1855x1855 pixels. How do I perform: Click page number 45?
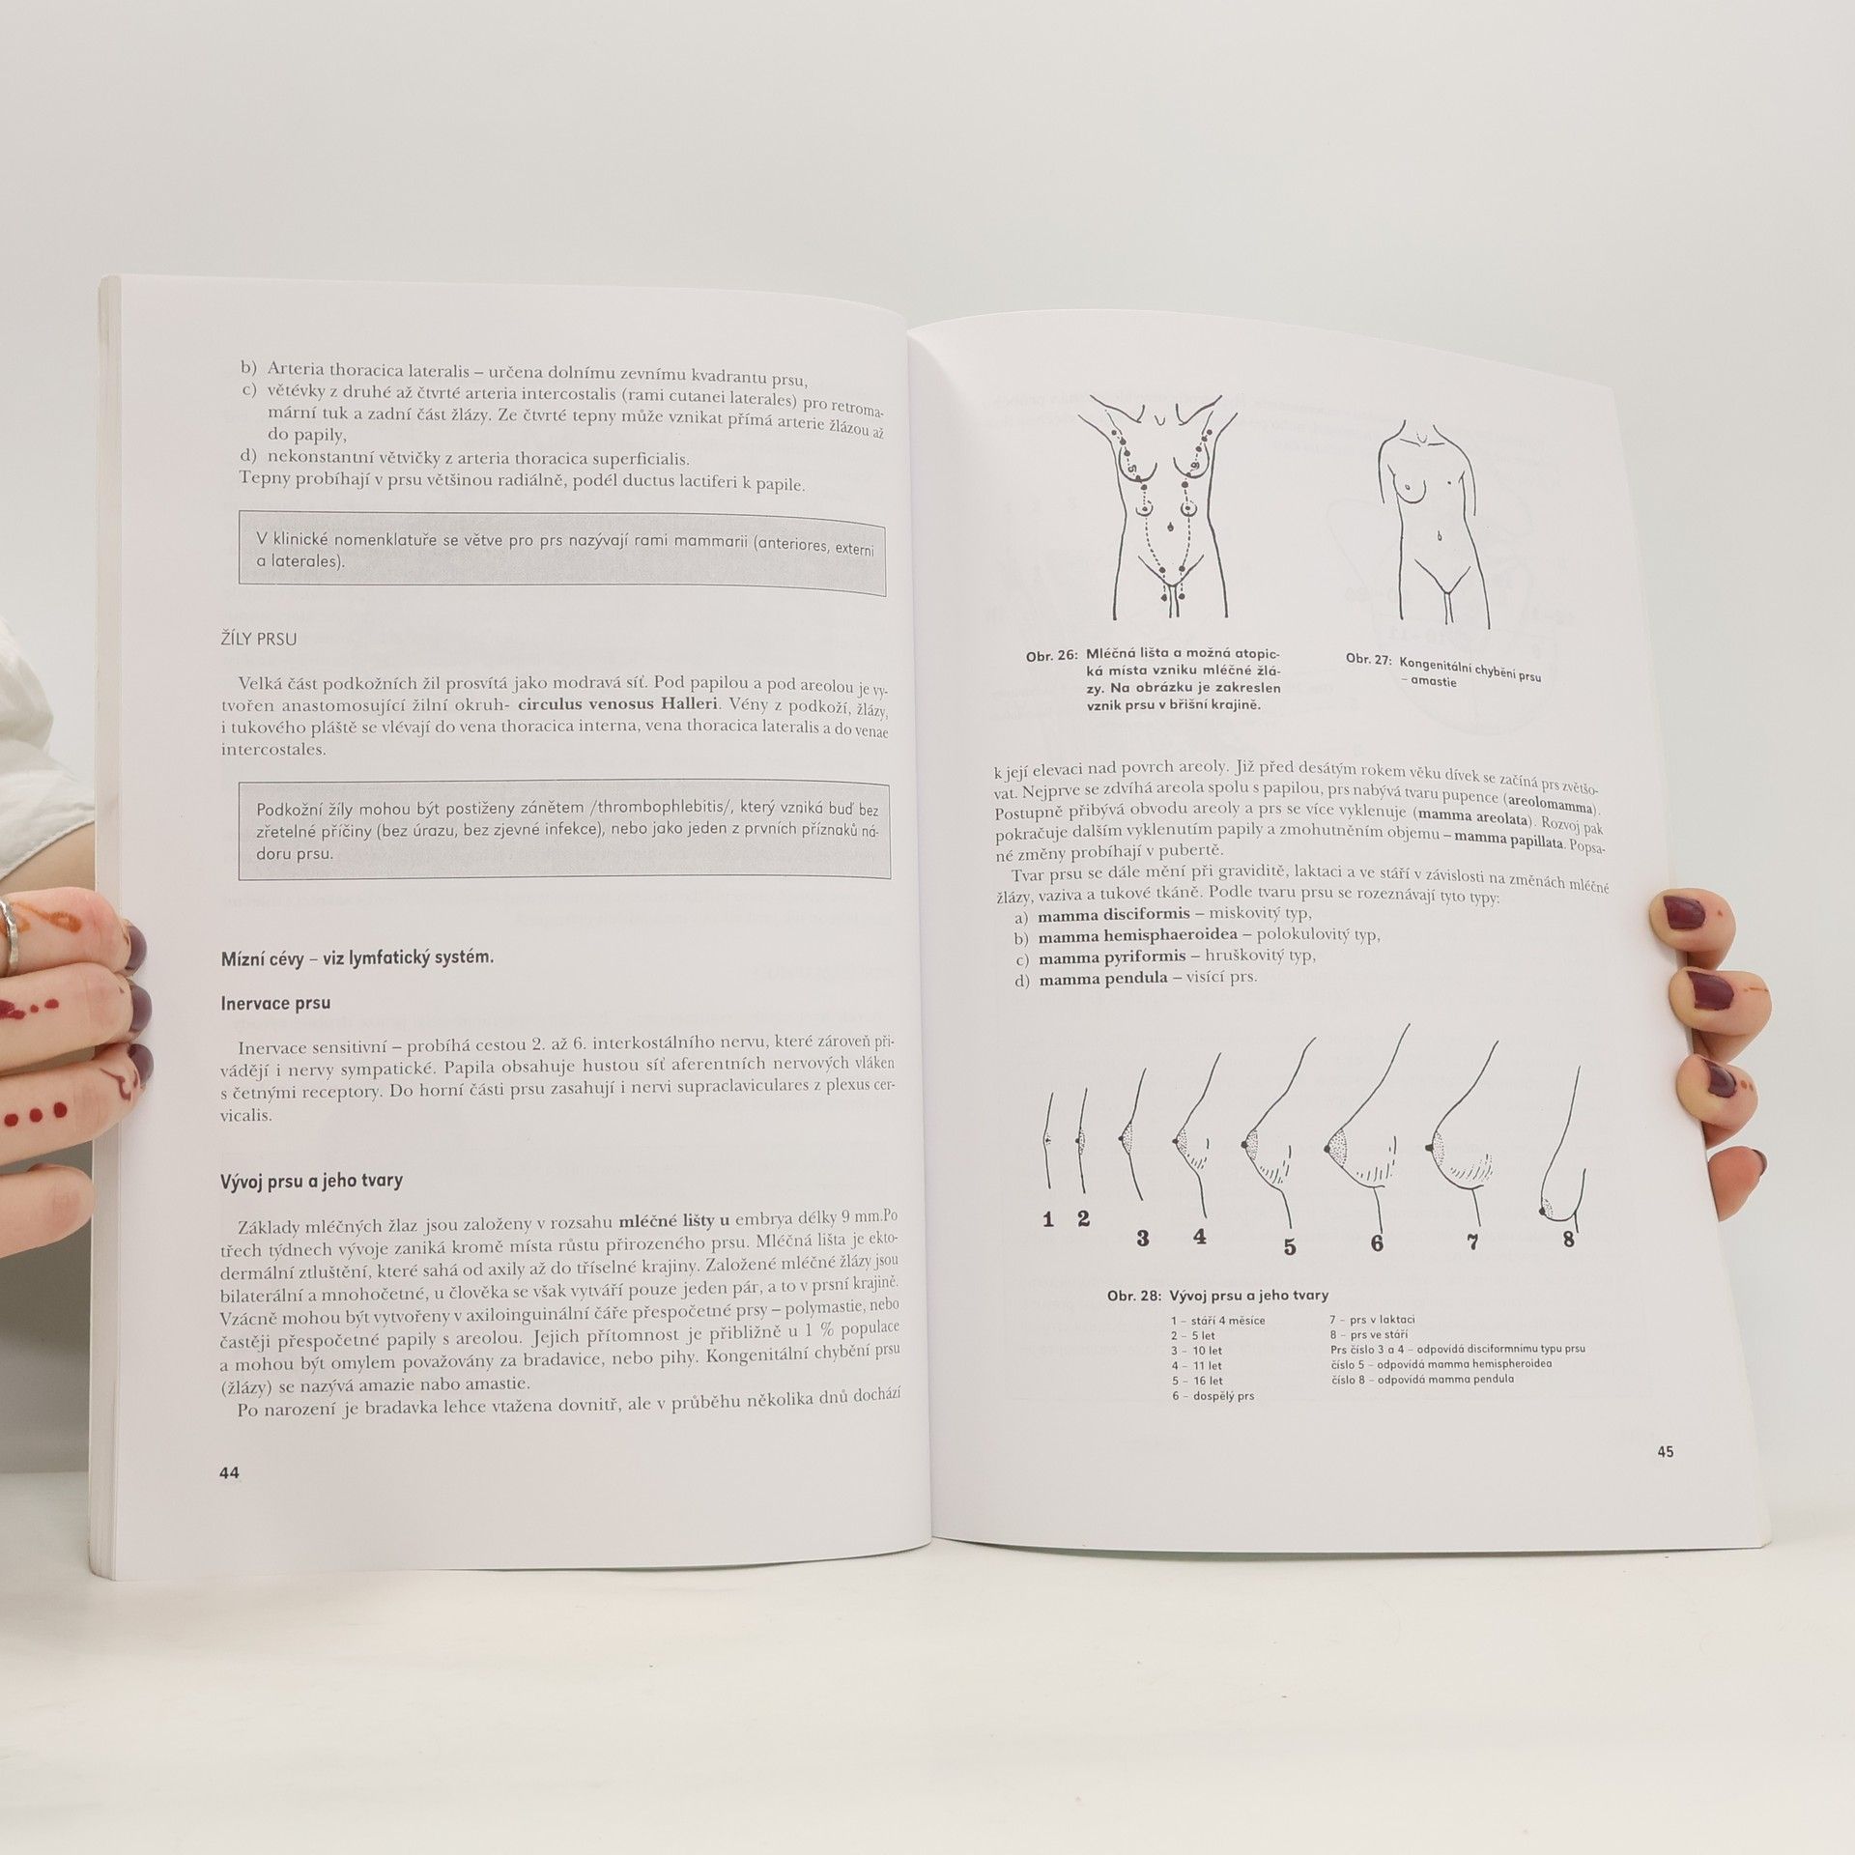[1665, 1451]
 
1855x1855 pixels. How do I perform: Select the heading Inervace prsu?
[276, 1003]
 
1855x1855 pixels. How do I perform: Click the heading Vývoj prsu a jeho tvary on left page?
[312, 1181]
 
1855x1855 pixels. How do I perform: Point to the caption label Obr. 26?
[1051, 656]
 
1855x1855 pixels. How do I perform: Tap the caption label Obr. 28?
[1133, 1296]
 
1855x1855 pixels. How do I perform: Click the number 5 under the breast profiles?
[1289, 1246]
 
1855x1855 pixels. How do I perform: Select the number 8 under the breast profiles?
[1568, 1238]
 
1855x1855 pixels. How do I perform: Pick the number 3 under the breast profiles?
[1143, 1237]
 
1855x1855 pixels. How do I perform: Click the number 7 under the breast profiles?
[1473, 1241]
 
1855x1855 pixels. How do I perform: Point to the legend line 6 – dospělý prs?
[1213, 1396]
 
